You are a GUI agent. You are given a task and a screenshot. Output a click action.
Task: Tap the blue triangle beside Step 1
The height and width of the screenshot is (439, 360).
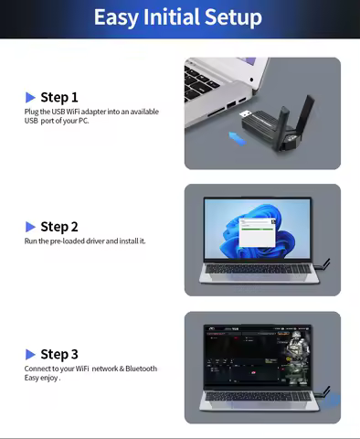click(x=30, y=97)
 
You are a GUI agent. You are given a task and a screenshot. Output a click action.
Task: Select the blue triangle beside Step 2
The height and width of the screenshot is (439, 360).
click(x=30, y=227)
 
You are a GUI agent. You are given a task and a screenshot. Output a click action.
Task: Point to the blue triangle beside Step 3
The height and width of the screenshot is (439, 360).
click(x=30, y=354)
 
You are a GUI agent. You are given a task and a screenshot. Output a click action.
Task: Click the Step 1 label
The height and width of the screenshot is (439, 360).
click(x=59, y=97)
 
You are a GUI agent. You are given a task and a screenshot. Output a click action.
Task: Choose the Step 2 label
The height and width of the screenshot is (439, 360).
click(x=59, y=227)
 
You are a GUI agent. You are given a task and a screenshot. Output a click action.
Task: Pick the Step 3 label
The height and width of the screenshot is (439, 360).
click(x=59, y=354)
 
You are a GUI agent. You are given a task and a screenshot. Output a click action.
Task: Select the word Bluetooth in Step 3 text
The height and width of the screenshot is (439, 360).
click(x=140, y=369)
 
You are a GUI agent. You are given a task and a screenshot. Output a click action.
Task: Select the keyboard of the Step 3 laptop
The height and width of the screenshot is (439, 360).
click(x=260, y=400)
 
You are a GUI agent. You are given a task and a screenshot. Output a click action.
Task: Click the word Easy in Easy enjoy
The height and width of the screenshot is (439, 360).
click(x=32, y=378)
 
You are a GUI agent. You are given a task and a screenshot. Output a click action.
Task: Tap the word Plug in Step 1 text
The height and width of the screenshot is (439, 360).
click(x=32, y=112)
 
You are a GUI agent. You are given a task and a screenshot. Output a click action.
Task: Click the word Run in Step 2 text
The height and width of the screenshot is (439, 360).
click(x=31, y=241)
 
